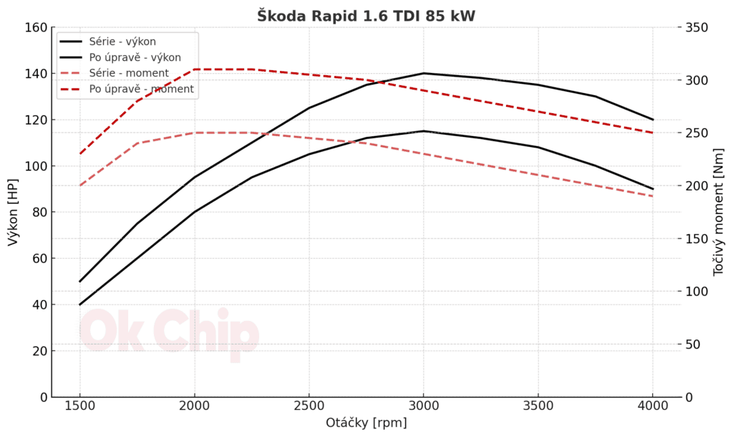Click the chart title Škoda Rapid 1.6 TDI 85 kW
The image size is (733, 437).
point(366,16)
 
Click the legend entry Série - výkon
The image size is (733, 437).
point(122,42)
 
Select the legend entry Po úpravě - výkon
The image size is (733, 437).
point(135,57)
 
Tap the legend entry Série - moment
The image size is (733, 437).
point(129,73)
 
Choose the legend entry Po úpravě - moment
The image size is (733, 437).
point(141,90)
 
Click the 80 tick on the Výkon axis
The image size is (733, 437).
point(39,212)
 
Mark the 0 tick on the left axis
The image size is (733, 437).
point(43,397)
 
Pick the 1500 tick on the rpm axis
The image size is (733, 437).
point(79,405)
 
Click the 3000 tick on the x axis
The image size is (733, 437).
point(423,405)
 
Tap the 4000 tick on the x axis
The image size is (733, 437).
point(652,405)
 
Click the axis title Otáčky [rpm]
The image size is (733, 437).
point(366,423)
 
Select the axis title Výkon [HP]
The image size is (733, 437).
point(13,212)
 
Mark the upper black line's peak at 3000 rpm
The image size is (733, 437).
point(423,73)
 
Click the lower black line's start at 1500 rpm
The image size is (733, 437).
point(79,304)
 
